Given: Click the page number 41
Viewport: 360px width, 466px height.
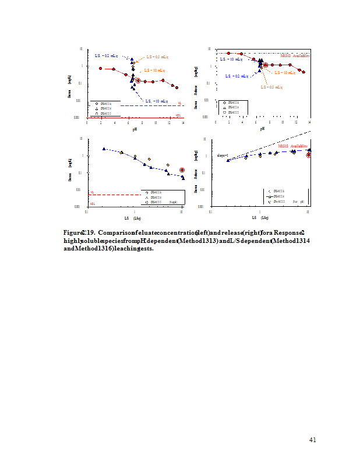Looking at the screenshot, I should (x=312, y=440).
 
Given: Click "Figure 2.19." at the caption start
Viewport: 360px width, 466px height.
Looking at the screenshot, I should (x=79, y=232).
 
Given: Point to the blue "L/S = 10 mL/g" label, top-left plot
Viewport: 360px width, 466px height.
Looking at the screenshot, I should (x=156, y=101).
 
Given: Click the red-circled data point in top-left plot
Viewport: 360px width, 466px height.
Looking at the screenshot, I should (x=138, y=80).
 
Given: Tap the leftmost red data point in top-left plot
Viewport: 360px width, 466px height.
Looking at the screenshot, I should (x=101, y=68).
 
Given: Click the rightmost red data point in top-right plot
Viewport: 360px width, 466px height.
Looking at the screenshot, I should (x=303, y=72).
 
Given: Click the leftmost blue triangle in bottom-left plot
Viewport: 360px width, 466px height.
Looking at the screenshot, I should (x=104, y=149).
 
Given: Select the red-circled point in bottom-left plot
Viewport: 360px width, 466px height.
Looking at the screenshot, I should (x=182, y=170).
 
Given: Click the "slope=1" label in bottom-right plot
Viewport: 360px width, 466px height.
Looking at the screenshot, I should (x=223, y=156).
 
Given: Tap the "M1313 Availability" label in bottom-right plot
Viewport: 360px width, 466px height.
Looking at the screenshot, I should (x=292, y=146).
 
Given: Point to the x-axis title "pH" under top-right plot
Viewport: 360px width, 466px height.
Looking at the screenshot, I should (x=262, y=128).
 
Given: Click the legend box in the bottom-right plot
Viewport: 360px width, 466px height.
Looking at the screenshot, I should (x=286, y=196).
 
